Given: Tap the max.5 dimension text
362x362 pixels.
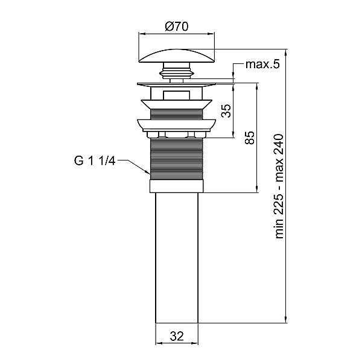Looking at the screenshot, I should [x=262, y=65].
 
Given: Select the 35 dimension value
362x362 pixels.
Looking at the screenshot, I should [x=226, y=111].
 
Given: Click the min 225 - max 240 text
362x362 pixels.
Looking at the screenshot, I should [x=279, y=186].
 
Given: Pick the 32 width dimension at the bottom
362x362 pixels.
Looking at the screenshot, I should [x=176, y=335].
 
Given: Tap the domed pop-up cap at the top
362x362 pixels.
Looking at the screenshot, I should [x=177, y=56].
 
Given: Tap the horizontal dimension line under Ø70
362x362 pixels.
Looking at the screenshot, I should [x=177, y=34].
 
